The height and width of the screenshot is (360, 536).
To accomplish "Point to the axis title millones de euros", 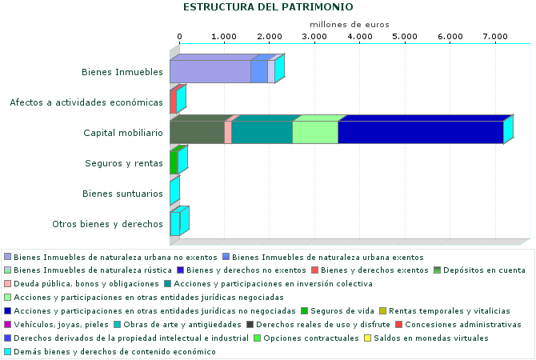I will (x=349, y=25).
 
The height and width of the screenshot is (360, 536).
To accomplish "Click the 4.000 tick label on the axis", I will (x=360, y=37).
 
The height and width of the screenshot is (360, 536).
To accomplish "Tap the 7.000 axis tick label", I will (x=496, y=37).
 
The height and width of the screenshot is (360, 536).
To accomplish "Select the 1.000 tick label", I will (x=224, y=37).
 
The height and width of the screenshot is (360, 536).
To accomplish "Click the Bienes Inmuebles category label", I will (x=122, y=72).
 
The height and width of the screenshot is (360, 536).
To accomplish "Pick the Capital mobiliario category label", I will (x=123, y=133).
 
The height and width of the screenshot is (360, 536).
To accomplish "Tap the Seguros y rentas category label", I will (x=124, y=163).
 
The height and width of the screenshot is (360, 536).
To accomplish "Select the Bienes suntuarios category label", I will (x=123, y=194).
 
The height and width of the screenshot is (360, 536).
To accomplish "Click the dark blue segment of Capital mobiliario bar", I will (x=420, y=133).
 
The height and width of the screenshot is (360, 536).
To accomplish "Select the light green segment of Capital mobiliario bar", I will (x=314, y=133).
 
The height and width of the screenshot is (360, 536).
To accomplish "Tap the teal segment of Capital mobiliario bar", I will (x=262, y=133).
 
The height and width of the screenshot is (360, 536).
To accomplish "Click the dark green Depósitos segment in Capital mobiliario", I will (x=197, y=133).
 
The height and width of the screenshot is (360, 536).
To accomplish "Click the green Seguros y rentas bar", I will (x=174, y=163).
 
